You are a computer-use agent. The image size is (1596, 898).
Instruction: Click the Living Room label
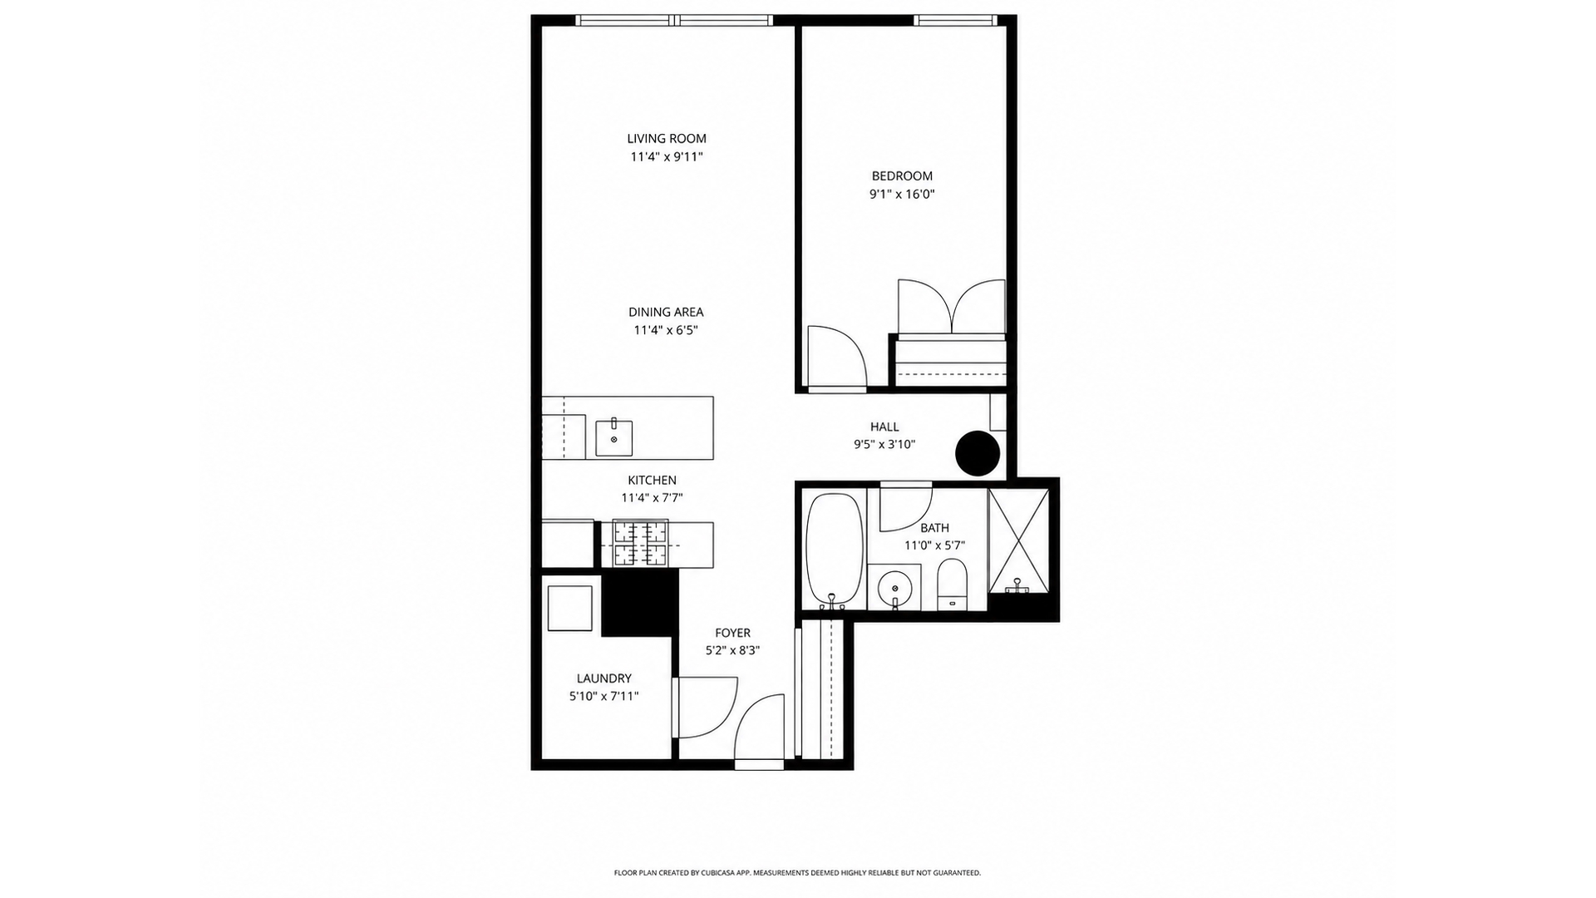click(667, 139)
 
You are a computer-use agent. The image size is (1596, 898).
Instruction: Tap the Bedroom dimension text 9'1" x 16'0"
click(902, 195)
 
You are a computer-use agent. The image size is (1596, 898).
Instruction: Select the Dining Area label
click(666, 313)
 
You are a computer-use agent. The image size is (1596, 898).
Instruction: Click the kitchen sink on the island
click(613, 438)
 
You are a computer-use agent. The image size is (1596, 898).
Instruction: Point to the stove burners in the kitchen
click(640, 544)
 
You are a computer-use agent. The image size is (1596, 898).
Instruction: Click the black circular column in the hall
click(977, 453)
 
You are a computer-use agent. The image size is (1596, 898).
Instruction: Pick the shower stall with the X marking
click(1018, 540)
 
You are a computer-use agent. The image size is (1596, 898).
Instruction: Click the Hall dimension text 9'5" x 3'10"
click(884, 445)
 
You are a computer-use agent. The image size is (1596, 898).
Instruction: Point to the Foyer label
click(732, 633)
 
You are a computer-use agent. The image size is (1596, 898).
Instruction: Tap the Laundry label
click(604, 678)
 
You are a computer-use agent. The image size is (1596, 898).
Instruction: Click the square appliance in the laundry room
click(570, 609)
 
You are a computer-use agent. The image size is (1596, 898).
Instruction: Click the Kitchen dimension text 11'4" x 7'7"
click(652, 498)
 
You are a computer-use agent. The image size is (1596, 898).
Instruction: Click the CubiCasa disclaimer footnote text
click(797, 873)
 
